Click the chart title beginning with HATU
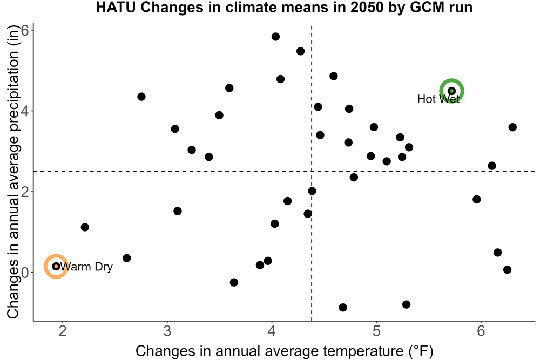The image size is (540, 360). [284, 7]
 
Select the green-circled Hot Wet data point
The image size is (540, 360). [452, 91]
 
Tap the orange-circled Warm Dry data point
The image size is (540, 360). [56, 266]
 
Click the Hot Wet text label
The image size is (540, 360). [438, 99]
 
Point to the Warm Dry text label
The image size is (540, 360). [86, 267]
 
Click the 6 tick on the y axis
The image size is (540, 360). [25, 30]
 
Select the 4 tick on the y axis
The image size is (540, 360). [25, 111]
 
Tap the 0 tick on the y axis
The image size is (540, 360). [25, 272]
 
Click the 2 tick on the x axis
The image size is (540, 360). [63, 331]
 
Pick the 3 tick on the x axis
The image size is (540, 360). [167, 331]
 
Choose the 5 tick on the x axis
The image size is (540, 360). [376, 331]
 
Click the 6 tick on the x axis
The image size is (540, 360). [481, 331]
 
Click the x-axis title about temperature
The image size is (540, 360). [284, 351]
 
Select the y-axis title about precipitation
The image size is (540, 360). [13, 172]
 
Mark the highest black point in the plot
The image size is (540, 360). [275, 37]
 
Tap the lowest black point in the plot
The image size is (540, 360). [343, 307]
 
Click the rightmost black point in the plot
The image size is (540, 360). [512, 127]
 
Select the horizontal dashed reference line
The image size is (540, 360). [285, 171]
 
